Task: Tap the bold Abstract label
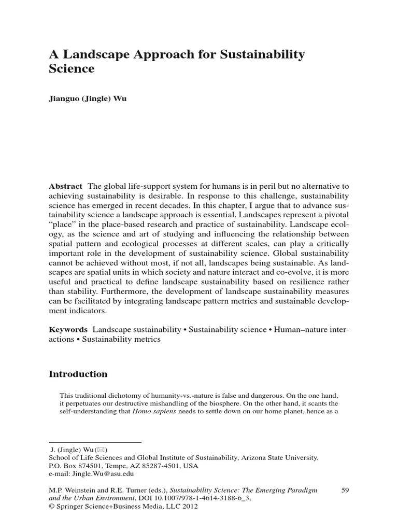pyautogui.click(x=65, y=186)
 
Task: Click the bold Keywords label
pyautogui.click(x=68, y=329)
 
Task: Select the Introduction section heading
pyautogui.click(x=78, y=374)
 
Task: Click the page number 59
pyautogui.click(x=347, y=489)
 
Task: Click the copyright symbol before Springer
pyautogui.click(x=51, y=507)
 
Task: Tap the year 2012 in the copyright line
pyautogui.click(x=188, y=507)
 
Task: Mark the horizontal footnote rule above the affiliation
pyautogui.click(x=95, y=442)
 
